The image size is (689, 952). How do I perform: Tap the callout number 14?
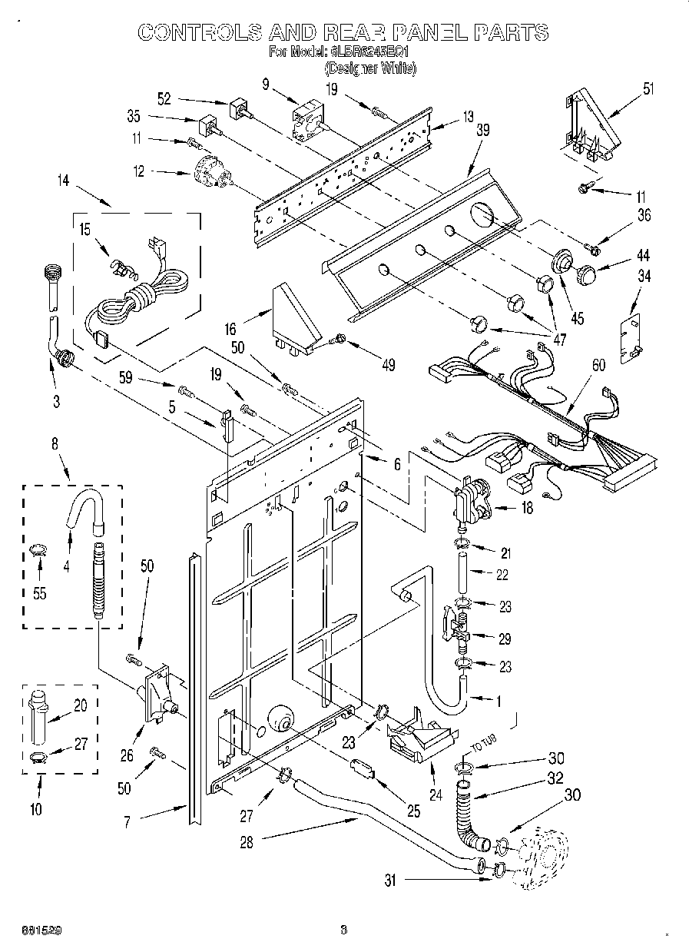click(62, 181)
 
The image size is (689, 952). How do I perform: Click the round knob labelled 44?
click(588, 273)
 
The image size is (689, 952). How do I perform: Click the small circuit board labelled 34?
click(630, 336)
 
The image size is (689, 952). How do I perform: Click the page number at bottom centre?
click(344, 930)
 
